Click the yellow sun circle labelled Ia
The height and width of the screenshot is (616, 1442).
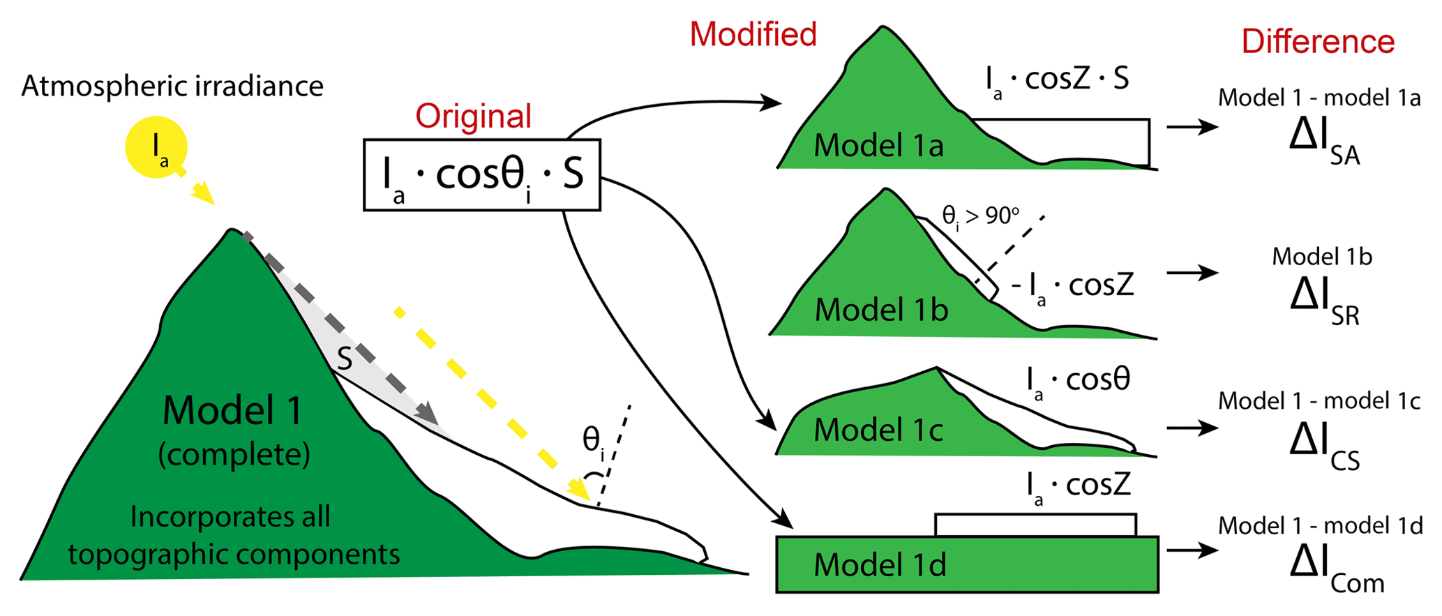(156, 147)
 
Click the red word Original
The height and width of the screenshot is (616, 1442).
(474, 116)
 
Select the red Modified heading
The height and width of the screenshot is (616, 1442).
(753, 34)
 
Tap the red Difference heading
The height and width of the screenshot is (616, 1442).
(1318, 42)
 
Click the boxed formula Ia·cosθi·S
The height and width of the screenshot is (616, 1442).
(482, 175)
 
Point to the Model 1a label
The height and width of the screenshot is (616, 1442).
(878, 146)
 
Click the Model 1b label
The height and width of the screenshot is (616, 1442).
(881, 310)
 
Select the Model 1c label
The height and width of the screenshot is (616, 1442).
(878, 430)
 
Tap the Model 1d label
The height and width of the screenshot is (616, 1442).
(880, 564)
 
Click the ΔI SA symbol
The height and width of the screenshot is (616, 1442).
(1324, 142)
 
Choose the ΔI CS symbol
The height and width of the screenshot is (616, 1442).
(1324, 446)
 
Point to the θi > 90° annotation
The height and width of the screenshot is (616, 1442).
(980, 217)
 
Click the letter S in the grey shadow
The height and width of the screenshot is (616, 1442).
(345, 359)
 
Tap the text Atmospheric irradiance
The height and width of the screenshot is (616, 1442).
(172, 87)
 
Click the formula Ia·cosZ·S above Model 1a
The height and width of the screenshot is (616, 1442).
(1057, 80)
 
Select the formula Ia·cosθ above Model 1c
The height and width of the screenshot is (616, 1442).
(1078, 381)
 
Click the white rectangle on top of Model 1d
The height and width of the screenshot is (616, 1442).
(1035, 525)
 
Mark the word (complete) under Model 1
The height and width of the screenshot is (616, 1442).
(234, 455)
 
